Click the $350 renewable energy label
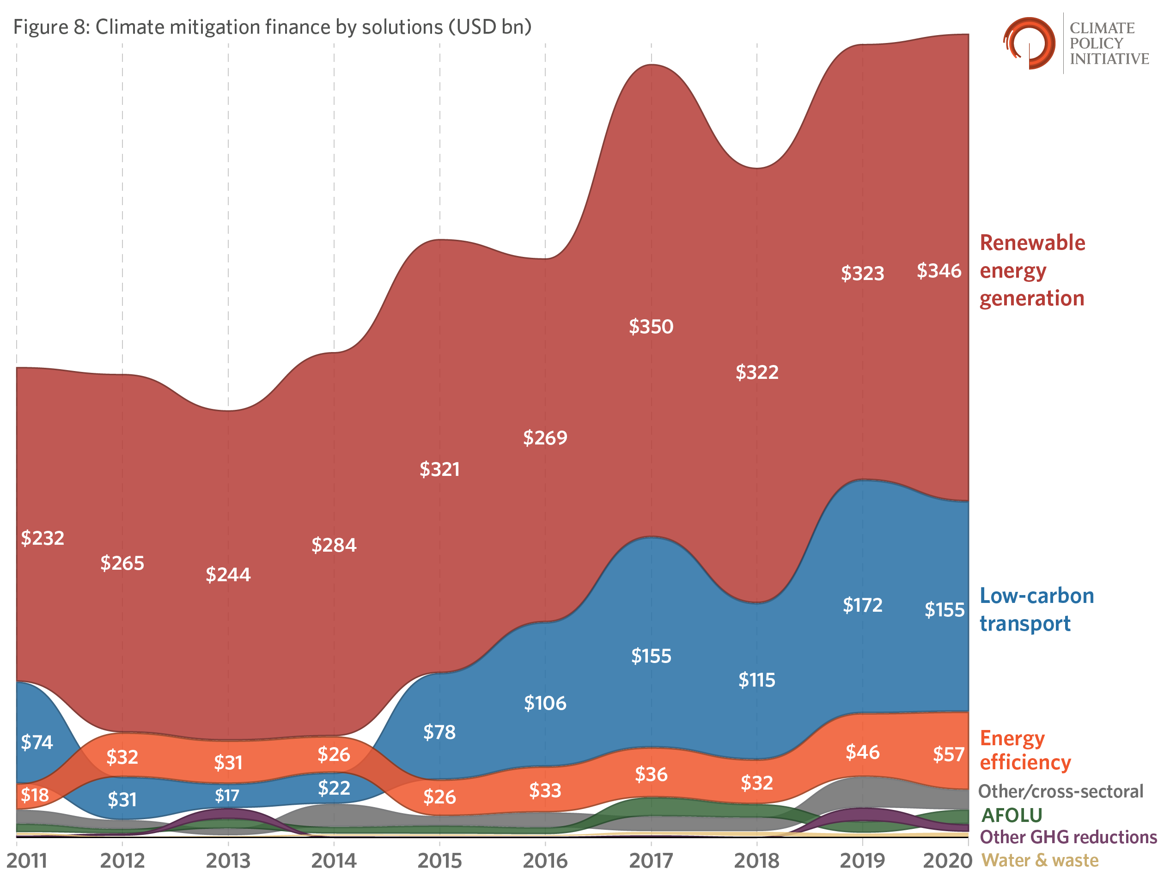[x=651, y=327]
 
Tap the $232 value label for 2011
[x=43, y=538]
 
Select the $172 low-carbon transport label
[x=862, y=605]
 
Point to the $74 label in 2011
[x=37, y=742]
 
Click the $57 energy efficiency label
[x=948, y=754]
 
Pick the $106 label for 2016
[x=545, y=703]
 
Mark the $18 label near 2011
[x=34, y=795]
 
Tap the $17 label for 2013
[x=227, y=796]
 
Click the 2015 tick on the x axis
[x=439, y=861]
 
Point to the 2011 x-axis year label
[x=27, y=861]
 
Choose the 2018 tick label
[x=756, y=861]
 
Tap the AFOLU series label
[x=1011, y=815]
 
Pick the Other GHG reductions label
[x=1067, y=837]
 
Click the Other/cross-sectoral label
[x=1060, y=791]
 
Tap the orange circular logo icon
[x=1029, y=43]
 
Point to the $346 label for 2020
[x=938, y=271]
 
